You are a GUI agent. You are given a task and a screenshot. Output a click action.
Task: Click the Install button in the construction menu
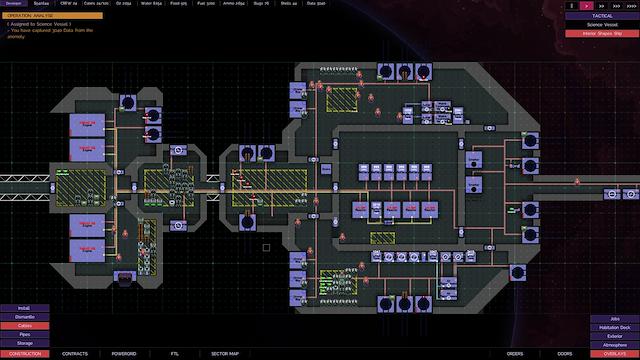coord(24,308)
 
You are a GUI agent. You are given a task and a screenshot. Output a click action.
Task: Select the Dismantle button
coord(24,317)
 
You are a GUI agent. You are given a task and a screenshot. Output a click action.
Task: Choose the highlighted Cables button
coord(24,326)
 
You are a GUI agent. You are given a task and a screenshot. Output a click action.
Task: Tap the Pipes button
coord(24,335)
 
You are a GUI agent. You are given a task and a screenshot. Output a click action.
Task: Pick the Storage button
coord(24,344)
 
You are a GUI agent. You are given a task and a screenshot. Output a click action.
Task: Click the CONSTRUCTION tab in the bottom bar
coord(24,354)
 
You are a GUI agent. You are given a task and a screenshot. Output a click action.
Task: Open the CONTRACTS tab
coord(75,354)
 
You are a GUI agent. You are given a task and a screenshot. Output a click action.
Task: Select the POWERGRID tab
coord(124,354)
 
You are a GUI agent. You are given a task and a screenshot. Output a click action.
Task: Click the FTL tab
coord(174,354)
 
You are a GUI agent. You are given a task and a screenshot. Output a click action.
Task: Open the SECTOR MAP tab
coord(225,354)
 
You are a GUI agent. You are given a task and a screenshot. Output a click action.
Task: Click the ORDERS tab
coord(515,354)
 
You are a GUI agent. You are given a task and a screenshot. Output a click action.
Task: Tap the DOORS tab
coord(565,354)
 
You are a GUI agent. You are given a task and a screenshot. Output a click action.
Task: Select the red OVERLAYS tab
coord(615,354)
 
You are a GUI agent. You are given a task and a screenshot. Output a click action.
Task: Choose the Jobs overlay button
coord(615,318)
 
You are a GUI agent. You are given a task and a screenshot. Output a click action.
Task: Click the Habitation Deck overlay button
coord(615,327)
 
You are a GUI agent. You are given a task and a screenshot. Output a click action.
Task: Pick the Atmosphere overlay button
coord(615,345)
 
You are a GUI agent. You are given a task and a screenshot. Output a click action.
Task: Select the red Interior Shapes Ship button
coord(602,34)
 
